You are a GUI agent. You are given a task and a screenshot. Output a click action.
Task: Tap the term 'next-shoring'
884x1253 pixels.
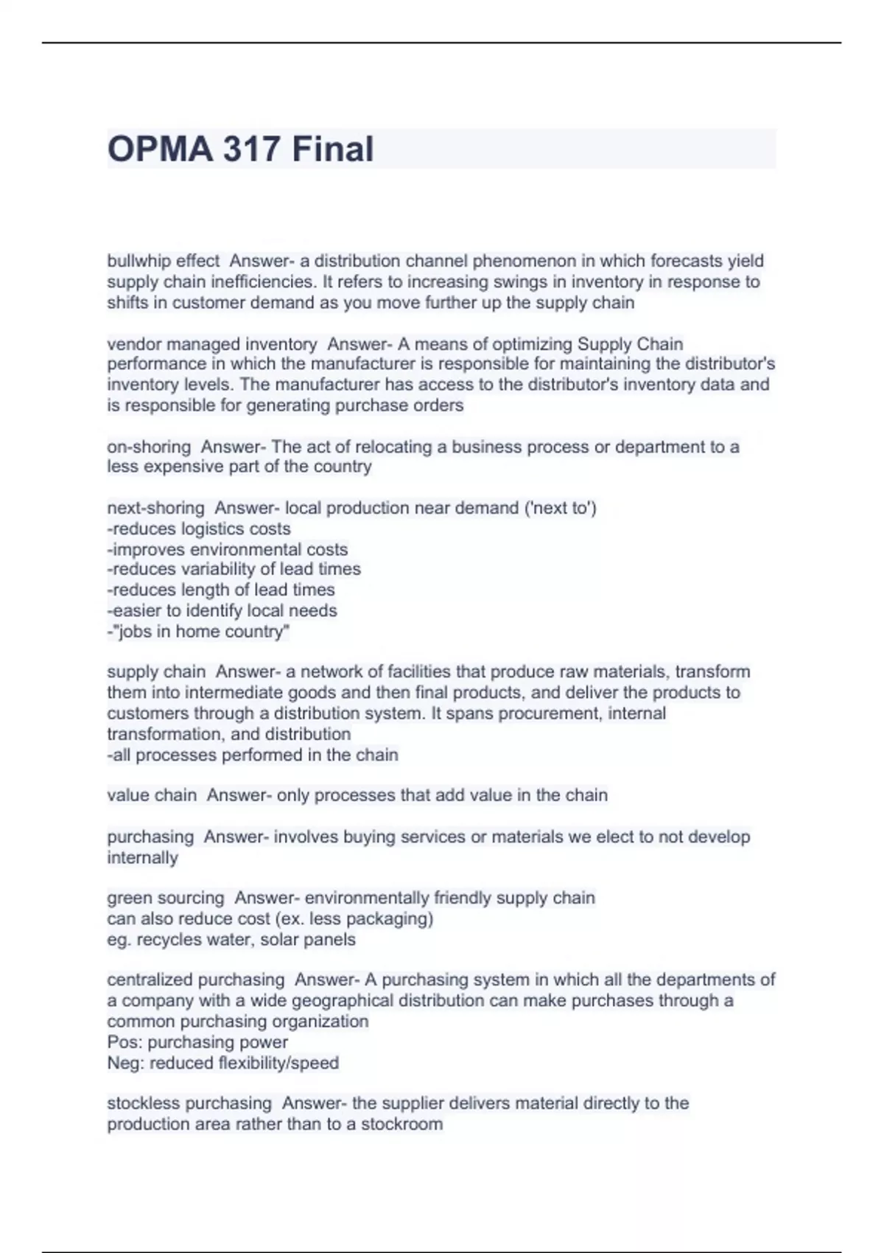[x=155, y=508]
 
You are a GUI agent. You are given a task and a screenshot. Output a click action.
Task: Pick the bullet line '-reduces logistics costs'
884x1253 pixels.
[x=199, y=528]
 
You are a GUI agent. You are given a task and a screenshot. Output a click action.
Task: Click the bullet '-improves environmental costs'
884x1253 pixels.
[x=227, y=549]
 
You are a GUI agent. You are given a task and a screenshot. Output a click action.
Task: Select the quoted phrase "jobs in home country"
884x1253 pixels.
[x=200, y=632]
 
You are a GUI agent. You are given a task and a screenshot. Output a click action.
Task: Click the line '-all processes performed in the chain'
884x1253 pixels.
[x=252, y=755]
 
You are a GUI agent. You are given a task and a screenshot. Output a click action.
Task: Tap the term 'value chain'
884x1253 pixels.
[x=152, y=795]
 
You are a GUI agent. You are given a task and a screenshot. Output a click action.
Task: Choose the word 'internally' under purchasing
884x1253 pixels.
[x=142, y=858]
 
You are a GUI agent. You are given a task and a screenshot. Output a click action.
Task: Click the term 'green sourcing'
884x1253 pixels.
[x=166, y=898]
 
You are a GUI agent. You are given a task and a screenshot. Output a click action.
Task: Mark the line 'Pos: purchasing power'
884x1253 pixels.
[x=197, y=1042]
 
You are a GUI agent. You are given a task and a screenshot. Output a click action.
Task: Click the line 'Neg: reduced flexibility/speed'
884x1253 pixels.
[x=222, y=1063]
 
